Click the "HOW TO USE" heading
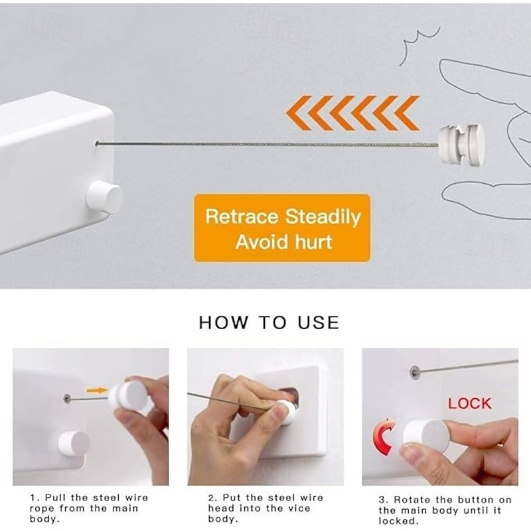[269, 323]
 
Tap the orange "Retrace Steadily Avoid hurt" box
[282, 228]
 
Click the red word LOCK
[469, 403]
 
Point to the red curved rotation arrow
[384, 437]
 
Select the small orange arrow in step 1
[97, 390]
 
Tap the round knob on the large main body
[105, 197]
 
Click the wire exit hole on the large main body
[97, 143]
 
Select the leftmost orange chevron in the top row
[299, 112]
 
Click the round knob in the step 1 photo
[74, 443]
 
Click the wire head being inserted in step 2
[286, 412]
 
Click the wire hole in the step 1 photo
[67, 398]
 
